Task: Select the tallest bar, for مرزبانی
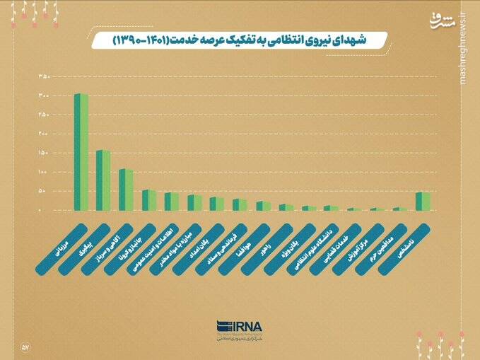click(81, 152)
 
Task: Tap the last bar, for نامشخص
click(423, 202)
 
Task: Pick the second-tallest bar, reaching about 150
click(103, 180)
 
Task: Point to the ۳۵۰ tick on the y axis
click(44, 76)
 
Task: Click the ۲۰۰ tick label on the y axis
click(44, 134)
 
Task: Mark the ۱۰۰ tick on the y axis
click(44, 173)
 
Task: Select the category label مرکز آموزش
click(356, 247)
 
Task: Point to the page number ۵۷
click(25, 347)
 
